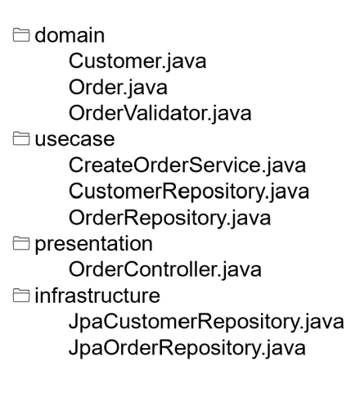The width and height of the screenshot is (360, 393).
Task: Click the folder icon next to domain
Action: [21, 35]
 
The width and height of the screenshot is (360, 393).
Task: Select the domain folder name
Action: [70, 35]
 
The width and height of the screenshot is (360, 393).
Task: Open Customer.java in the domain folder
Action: [137, 61]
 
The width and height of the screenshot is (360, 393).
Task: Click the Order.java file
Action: [118, 88]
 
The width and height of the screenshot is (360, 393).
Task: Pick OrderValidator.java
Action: [160, 113]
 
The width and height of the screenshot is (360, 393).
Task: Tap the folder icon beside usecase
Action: [21, 138]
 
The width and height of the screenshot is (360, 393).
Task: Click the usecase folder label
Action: [74, 139]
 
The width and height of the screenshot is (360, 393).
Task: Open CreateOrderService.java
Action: [187, 165]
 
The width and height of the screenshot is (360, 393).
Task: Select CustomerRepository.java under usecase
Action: [189, 192]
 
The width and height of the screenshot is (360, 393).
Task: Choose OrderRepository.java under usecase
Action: [169, 218]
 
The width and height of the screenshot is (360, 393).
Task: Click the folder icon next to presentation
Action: [21, 243]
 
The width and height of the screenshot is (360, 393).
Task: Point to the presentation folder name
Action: [93, 244]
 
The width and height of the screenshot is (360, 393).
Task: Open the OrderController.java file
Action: [165, 269]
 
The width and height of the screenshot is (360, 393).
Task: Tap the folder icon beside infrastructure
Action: [21, 296]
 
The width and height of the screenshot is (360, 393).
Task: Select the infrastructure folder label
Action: [97, 296]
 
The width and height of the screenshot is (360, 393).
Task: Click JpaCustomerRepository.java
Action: [206, 322]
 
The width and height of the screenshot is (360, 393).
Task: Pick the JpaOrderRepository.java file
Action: [187, 348]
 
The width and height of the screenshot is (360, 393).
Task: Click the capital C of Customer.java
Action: [76, 61]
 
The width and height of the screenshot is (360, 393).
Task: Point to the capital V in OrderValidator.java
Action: [133, 113]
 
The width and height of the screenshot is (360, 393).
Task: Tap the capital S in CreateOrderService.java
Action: [196, 165]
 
